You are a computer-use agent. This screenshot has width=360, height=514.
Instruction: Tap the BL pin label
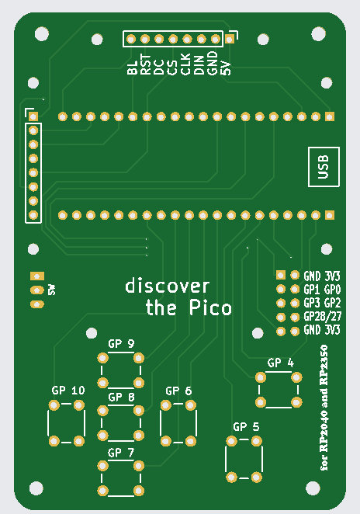[x=133, y=68]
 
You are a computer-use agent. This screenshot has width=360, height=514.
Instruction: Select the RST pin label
[x=146, y=64]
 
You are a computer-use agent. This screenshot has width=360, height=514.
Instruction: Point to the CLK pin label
[x=185, y=64]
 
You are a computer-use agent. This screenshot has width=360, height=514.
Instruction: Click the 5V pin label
[x=226, y=68]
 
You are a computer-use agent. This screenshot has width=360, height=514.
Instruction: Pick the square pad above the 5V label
[x=230, y=40]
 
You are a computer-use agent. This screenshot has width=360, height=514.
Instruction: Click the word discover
[x=168, y=286]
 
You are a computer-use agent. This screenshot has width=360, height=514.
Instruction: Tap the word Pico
[x=210, y=307]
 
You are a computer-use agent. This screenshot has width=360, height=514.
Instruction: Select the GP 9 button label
[x=121, y=343]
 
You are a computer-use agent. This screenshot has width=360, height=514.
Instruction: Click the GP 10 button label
[x=68, y=390]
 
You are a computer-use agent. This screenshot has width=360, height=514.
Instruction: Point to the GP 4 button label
[x=281, y=363]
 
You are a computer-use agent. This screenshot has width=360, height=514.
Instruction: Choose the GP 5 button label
[x=246, y=426]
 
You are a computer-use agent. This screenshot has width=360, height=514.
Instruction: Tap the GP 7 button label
[x=121, y=453]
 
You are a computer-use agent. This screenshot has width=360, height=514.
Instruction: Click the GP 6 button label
[x=178, y=391]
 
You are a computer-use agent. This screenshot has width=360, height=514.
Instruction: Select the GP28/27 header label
[x=323, y=316]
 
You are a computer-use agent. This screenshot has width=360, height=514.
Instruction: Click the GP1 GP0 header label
[x=322, y=289]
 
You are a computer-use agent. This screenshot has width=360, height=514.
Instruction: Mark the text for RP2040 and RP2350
[x=324, y=408]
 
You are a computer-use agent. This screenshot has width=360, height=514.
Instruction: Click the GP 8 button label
[x=121, y=397]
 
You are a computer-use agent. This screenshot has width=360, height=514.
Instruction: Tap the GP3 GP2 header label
[x=322, y=303]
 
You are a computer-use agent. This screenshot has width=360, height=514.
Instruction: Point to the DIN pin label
[x=199, y=65]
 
